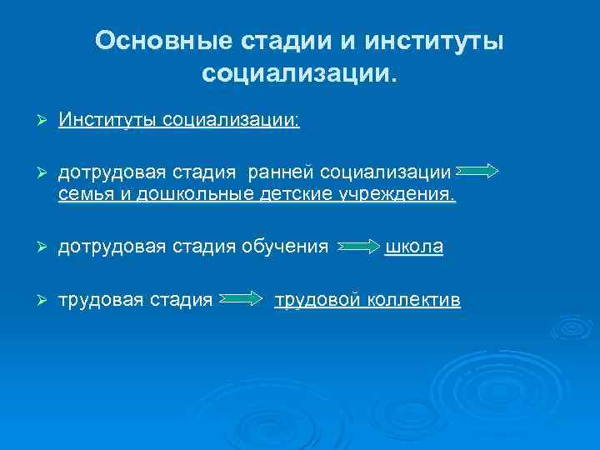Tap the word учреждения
pos(397,195)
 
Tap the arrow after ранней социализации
pos(478,172)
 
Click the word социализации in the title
pos(299,74)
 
